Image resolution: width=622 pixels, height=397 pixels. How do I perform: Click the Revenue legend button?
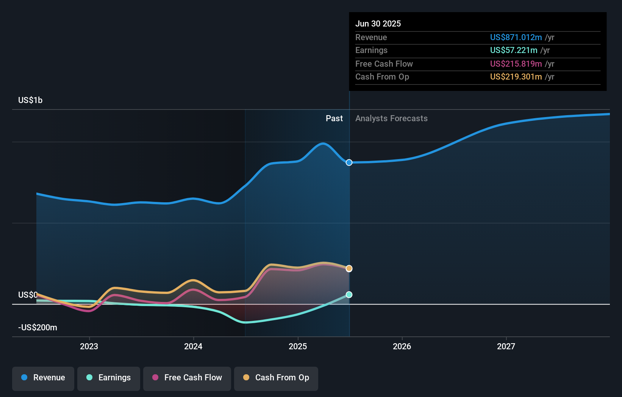pyautogui.click(x=43, y=378)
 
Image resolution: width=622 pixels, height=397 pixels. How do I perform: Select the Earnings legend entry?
pyautogui.click(x=109, y=378)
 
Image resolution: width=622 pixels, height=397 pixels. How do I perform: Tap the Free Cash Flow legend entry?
pyautogui.click(x=187, y=378)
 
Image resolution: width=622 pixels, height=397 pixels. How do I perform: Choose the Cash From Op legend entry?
pyautogui.click(x=276, y=378)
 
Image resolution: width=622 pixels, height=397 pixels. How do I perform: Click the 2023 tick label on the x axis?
pyautogui.click(x=89, y=346)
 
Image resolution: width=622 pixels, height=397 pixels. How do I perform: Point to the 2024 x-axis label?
pyautogui.click(x=193, y=346)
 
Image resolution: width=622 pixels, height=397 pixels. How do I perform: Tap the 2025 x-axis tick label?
pyautogui.click(x=298, y=346)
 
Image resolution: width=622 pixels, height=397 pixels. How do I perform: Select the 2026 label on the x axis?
pyautogui.click(x=402, y=346)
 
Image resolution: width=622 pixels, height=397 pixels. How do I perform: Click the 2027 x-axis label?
pyautogui.click(x=506, y=346)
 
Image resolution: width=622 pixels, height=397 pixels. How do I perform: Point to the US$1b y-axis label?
pyautogui.click(x=30, y=100)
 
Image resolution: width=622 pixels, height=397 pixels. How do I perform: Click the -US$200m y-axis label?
pyautogui.click(x=38, y=328)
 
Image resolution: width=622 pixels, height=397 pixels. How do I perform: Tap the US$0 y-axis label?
pyautogui.click(x=28, y=295)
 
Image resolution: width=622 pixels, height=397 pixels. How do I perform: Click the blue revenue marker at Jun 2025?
pyautogui.click(x=349, y=163)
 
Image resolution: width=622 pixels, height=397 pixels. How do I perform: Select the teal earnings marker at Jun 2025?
pyautogui.click(x=349, y=295)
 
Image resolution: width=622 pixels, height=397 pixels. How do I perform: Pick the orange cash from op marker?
pyautogui.click(x=349, y=269)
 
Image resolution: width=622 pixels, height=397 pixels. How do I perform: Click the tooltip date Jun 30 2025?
pyautogui.click(x=378, y=23)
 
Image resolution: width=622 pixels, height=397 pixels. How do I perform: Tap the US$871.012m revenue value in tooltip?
pyautogui.click(x=516, y=37)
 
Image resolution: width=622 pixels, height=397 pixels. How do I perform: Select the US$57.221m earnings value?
pyautogui.click(x=514, y=50)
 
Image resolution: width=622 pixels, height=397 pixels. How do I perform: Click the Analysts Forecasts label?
pyautogui.click(x=391, y=119)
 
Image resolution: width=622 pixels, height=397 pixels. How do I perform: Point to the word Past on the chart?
pyautogui.click(x=334, y=119)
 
